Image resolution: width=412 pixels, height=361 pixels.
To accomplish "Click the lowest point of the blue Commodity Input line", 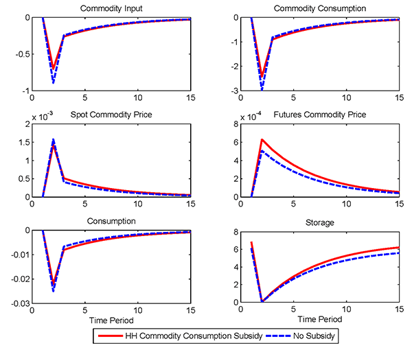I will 53,83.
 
